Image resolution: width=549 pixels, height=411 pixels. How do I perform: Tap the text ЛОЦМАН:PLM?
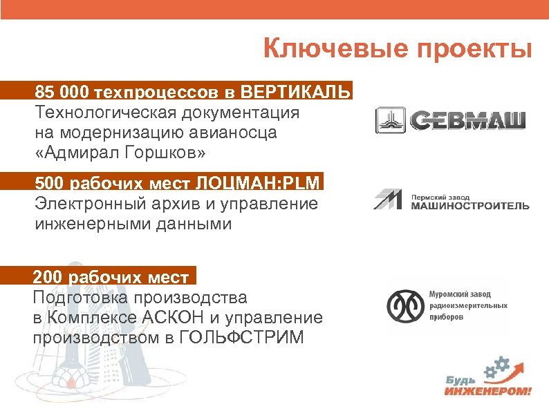point(259,183)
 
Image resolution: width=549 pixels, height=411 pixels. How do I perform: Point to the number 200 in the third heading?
point(47,278)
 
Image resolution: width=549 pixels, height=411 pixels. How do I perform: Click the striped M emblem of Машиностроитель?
point(389,200)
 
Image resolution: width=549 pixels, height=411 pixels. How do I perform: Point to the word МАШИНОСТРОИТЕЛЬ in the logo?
point(470,205)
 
